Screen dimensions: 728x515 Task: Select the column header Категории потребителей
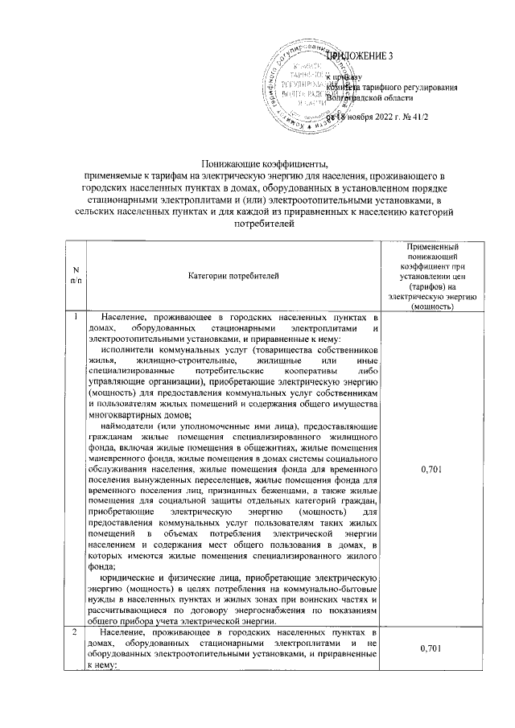pos(233,276)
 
